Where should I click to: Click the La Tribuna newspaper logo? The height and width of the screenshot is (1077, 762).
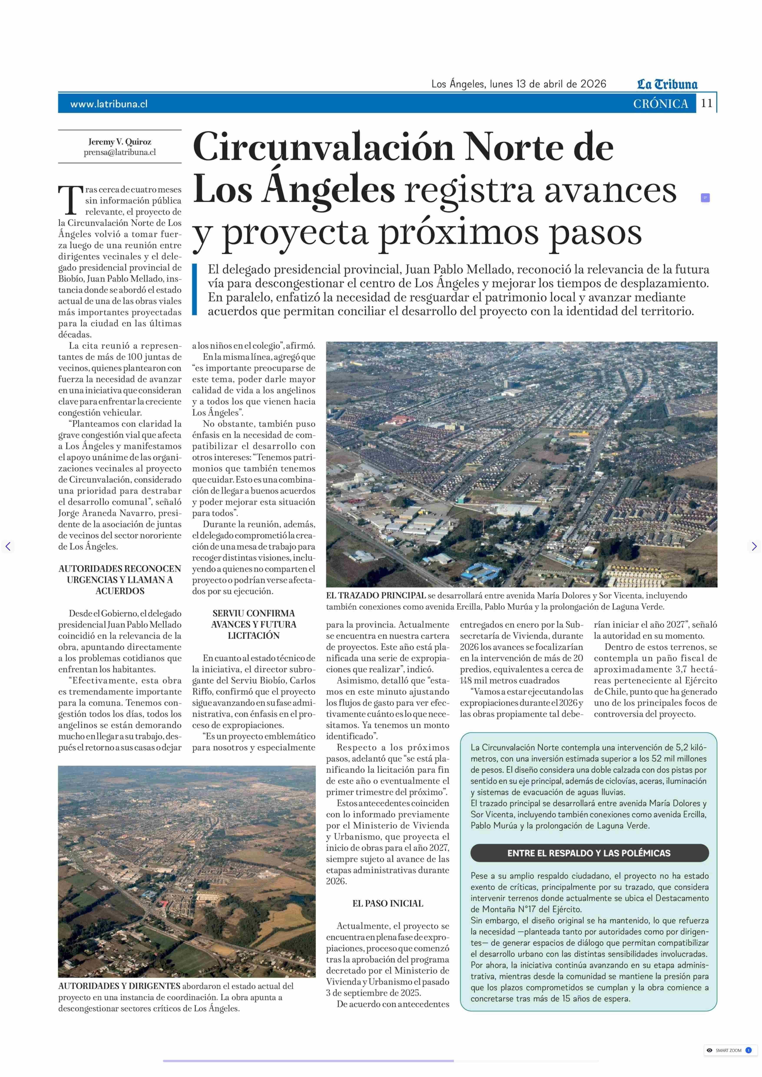pos(667,85)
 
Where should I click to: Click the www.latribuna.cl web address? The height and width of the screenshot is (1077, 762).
pos(109,104)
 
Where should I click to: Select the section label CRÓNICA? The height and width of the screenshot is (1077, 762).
pos(661,104)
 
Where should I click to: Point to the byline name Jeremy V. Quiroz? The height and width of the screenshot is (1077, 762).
pos(120,142)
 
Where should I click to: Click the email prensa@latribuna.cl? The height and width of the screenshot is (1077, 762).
pos(120,152)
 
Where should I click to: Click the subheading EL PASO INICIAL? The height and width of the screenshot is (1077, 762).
pos(388,903)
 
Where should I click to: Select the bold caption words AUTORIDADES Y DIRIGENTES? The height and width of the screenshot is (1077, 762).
pos(119,986)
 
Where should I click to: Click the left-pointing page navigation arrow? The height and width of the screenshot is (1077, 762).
pos(8,546)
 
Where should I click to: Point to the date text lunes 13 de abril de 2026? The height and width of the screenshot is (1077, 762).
pos(548,84)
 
